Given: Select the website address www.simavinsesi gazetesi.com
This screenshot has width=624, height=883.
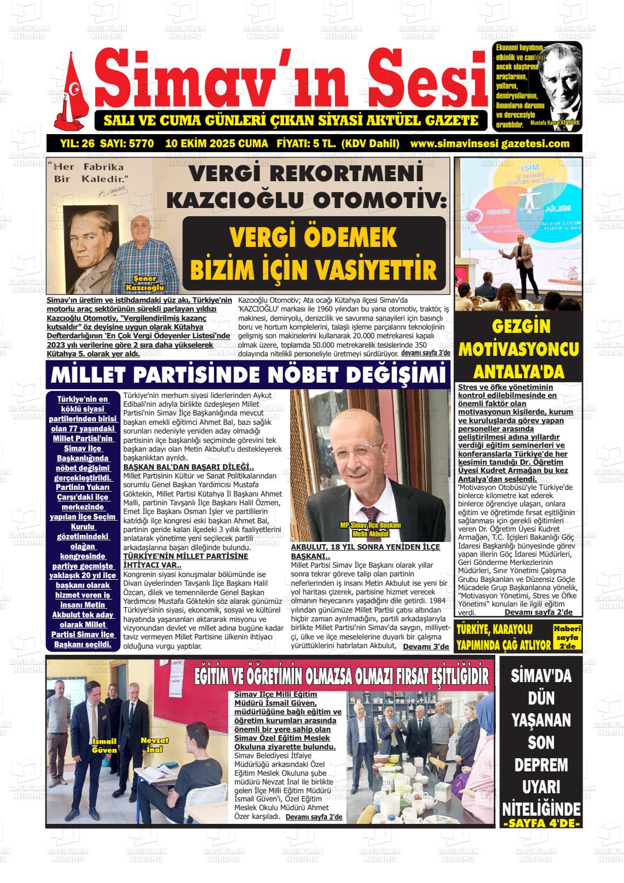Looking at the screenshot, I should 489,144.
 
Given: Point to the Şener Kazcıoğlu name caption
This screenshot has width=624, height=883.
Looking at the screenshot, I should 145,283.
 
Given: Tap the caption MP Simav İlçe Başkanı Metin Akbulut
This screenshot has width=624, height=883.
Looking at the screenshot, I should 371,529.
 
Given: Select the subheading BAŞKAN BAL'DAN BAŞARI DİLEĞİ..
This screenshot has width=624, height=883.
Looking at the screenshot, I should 188,467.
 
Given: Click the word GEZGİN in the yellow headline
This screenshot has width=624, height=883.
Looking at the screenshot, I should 520,326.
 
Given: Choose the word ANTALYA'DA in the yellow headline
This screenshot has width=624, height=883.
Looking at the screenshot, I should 518,372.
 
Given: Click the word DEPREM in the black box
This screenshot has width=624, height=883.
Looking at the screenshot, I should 541,764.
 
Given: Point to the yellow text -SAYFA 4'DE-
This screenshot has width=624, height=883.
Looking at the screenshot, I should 541,824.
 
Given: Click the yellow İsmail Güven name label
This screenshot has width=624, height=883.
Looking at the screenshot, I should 105,745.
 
